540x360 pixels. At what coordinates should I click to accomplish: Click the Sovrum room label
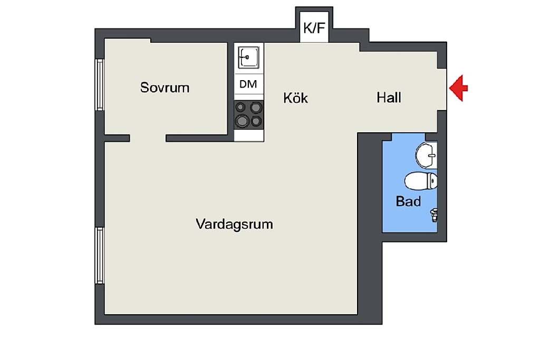point(165,87)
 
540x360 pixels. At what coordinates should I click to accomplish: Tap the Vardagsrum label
point(234,224)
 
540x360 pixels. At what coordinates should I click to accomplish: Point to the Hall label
point(389,98)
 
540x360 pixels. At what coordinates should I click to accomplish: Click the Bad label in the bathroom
point(408,201)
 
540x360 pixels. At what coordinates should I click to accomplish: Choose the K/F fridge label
point(314,27)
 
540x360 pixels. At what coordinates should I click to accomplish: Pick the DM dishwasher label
point(248,84)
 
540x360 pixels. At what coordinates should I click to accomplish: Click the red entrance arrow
point(458,88)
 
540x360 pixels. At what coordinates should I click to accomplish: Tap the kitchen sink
point(248,57)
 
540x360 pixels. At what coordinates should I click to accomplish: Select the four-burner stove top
point(249,114)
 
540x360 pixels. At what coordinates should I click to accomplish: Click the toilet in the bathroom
point(421,181)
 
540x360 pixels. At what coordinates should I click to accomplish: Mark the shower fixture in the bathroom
point(434,215)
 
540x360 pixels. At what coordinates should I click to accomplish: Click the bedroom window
point(100,85)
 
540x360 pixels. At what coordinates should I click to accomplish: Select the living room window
point(100,255)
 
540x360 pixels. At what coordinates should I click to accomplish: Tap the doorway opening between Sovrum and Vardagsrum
point(148,138)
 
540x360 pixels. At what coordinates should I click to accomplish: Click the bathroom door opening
point(409,137)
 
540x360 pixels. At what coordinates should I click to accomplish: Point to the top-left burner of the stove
point(240,108)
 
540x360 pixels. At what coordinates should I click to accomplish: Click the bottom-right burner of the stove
point(256,121)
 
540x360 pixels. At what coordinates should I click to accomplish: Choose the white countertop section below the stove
point(249,135)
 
